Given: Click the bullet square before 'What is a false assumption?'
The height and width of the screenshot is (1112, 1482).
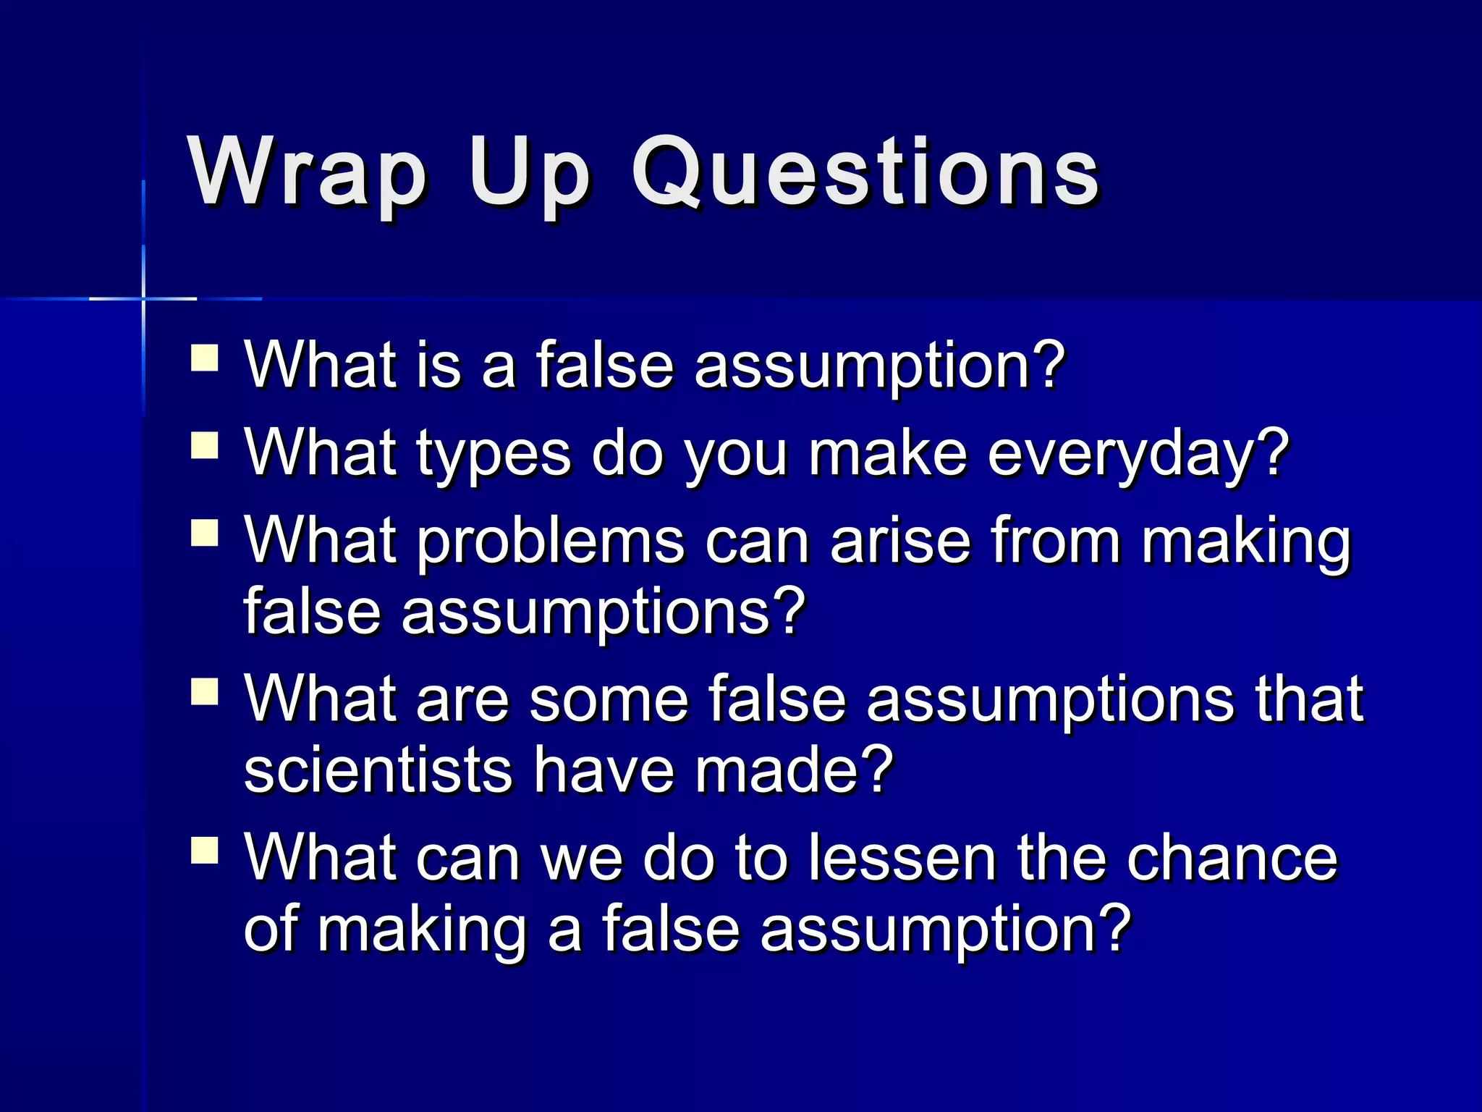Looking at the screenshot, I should click(205, 358).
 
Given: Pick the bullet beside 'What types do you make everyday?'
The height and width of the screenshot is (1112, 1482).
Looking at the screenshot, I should click(205, 446).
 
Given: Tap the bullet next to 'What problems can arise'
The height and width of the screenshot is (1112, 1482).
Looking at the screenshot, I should click(205, 534).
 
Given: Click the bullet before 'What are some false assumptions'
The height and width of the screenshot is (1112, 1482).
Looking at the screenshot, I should click(205, 691).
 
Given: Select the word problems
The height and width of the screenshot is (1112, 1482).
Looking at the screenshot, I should click(550, 543).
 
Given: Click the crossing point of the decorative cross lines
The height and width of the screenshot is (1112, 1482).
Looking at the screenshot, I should click(143, 298).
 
